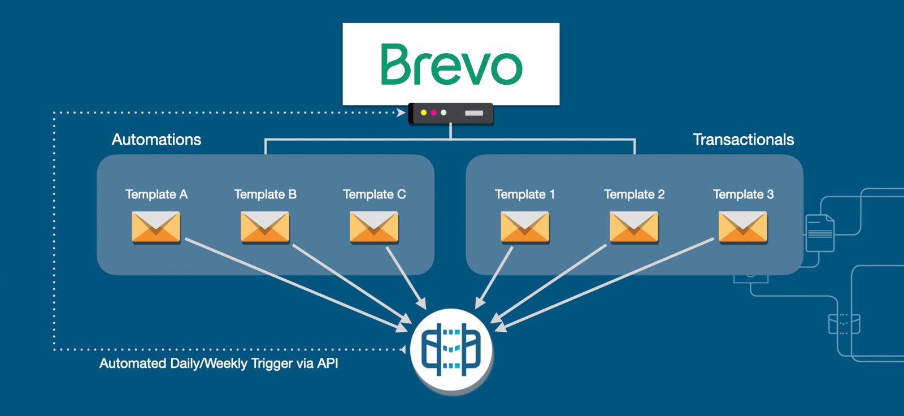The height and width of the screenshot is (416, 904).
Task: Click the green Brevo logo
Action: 451,64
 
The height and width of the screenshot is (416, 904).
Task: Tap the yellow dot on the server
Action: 424,112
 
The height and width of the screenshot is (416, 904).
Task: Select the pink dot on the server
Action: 434,112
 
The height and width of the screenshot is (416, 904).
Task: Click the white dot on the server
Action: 444,112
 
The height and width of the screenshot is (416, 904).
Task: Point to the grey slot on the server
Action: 474,113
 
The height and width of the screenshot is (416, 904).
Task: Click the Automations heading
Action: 156,140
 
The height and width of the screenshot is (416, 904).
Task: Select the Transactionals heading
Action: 744,140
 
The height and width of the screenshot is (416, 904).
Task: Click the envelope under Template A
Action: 156,227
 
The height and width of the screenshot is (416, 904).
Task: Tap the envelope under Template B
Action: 265,227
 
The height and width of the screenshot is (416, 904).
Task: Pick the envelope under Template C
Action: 374,227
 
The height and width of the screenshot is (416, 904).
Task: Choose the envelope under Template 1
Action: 525,227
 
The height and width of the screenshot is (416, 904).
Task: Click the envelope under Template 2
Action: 634,227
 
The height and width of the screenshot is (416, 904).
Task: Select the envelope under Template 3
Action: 743,227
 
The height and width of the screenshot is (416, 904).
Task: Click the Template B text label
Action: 266,194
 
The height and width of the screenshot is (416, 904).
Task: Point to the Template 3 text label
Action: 744,194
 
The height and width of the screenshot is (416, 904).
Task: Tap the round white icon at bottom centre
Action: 451,350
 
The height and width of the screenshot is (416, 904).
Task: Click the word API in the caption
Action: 327,363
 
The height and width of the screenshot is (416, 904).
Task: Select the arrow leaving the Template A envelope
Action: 296,285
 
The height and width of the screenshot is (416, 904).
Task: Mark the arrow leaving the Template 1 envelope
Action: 494,278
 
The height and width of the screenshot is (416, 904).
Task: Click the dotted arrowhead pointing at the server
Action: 401,112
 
